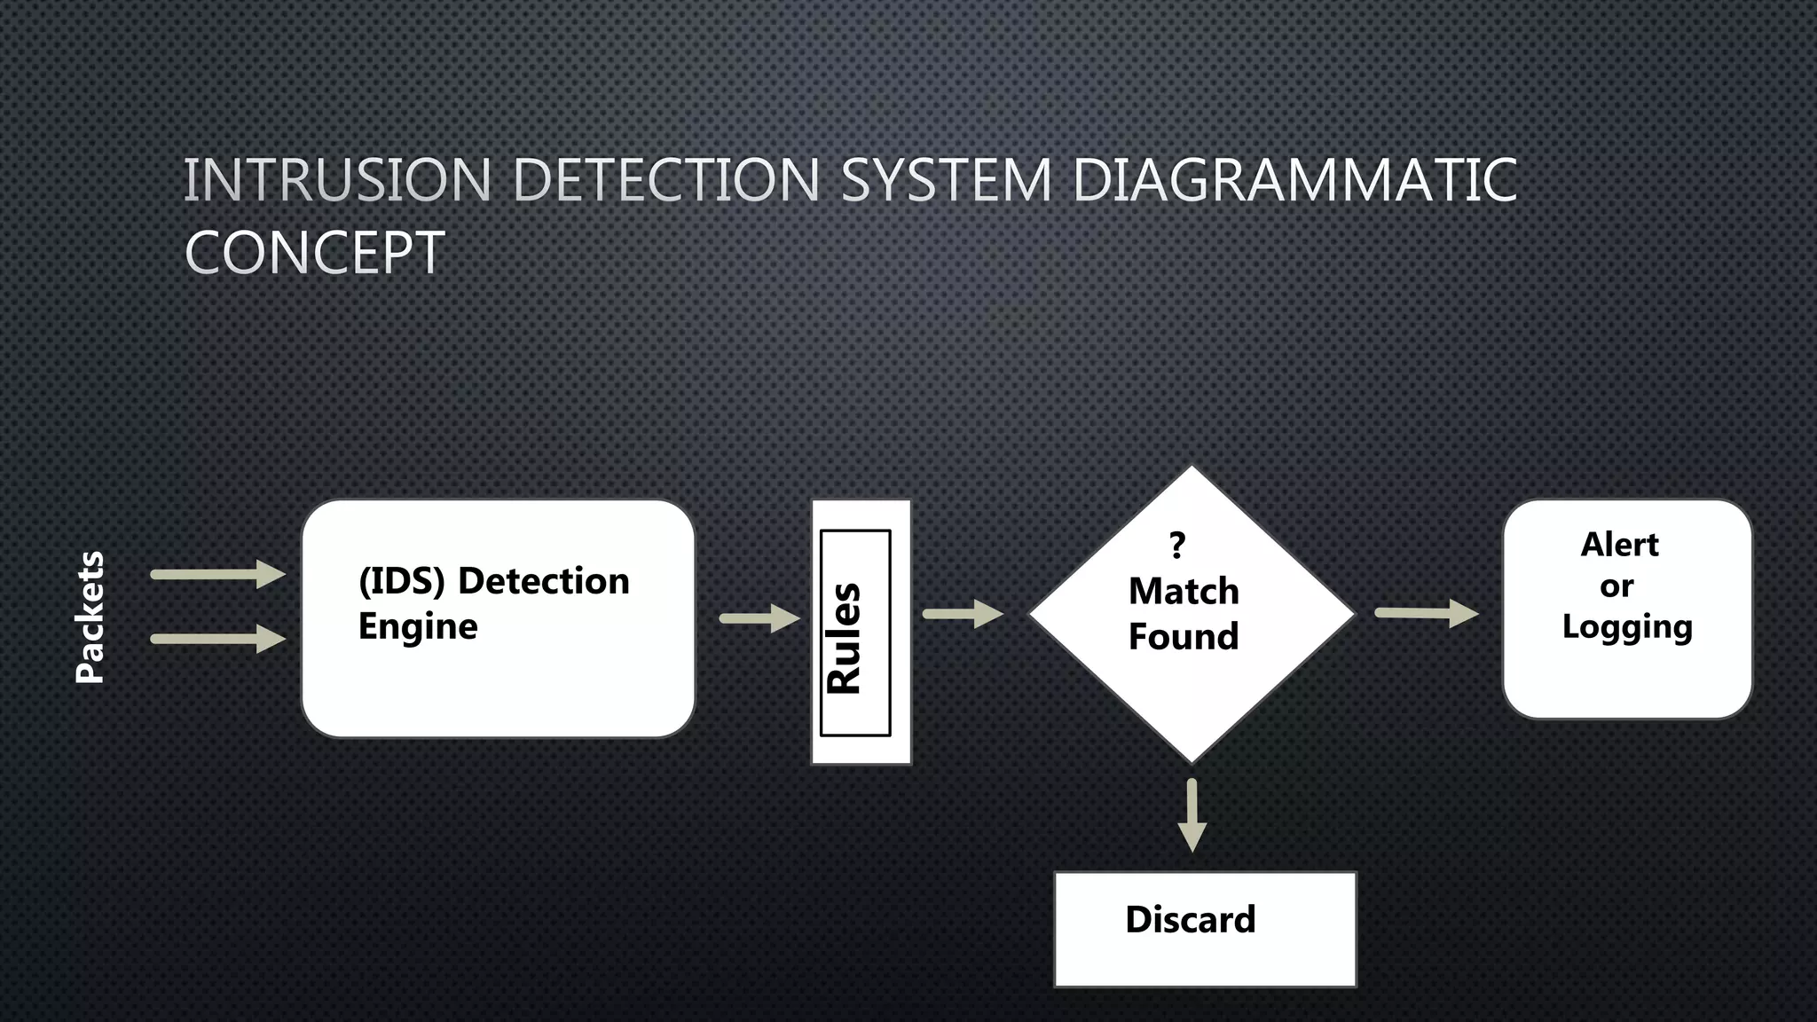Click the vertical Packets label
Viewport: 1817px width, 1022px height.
point(90,617)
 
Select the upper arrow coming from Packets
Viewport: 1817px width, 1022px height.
point(217,575)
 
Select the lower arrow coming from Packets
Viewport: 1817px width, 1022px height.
point(217,639)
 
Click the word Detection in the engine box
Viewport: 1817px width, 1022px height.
point(543,581)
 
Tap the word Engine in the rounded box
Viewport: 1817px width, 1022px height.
point(418,627)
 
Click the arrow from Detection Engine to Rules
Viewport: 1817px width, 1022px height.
point(759,618)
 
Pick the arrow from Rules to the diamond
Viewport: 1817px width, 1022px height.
point(962,614)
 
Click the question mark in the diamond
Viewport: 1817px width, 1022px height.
point(1177,545)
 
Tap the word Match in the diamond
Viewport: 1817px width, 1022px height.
point(1184,591)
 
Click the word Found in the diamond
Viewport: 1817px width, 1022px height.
point(1184,637)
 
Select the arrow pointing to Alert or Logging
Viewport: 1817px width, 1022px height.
point(1426,613)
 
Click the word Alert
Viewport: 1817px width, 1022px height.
point(1619,545)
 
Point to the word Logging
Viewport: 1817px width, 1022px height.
point(1627,627)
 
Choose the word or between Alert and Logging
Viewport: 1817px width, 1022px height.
point(1616,586)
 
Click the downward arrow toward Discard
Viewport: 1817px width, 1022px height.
point(1192,815)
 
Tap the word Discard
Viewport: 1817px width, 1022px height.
point(1191,919)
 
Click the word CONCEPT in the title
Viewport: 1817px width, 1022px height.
point(315,253)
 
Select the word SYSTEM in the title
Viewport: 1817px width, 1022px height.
point(946,180)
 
